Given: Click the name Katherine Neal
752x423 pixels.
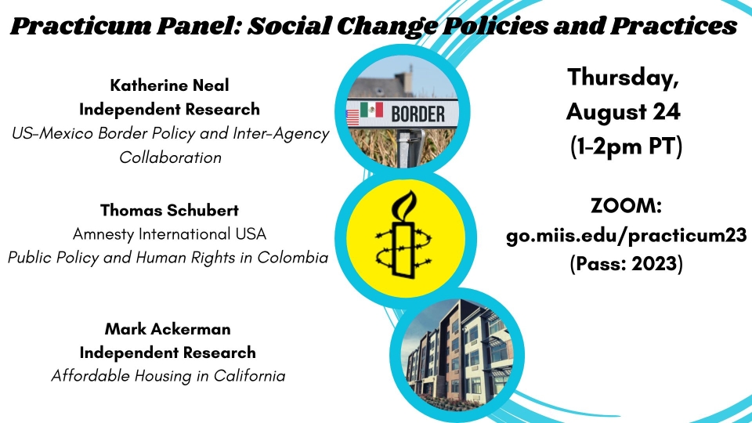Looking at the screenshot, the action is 169,85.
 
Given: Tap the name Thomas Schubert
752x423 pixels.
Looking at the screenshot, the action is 169,210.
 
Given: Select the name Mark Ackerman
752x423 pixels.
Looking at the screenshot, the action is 168,329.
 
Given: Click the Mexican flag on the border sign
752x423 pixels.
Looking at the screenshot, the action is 371,110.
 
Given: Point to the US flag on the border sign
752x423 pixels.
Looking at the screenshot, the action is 352,117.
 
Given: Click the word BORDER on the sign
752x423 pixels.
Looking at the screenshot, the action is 418,114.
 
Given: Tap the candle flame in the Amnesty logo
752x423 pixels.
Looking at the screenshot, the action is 404,204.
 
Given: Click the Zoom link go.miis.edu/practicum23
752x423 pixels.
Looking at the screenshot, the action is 627,236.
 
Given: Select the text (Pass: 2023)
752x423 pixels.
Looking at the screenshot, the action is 627,263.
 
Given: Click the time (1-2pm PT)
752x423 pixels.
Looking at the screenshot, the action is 627,146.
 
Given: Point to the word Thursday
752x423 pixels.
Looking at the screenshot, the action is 623,78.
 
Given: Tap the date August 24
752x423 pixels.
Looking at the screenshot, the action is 623,112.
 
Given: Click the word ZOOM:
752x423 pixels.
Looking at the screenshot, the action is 627,206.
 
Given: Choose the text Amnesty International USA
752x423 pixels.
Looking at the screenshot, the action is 169,234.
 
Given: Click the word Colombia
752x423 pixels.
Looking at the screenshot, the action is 292,258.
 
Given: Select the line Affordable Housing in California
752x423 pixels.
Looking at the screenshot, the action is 168,375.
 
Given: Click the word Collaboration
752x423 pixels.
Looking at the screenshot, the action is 170,157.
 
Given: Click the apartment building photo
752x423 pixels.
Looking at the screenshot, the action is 457,355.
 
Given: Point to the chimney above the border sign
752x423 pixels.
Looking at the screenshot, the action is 407,79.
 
